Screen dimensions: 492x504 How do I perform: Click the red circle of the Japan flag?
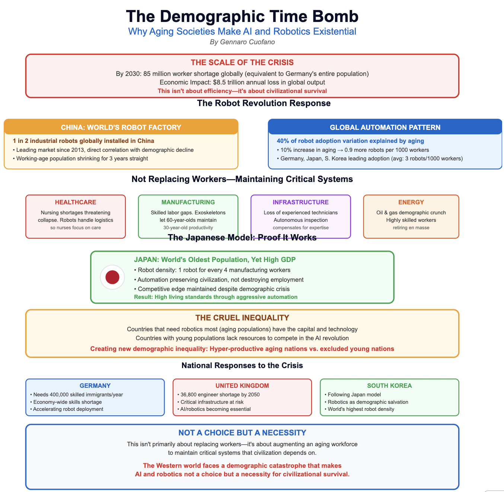112,277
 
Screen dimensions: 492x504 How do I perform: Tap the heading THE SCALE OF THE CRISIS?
242,63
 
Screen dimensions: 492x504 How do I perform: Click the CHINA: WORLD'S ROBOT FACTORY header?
121,127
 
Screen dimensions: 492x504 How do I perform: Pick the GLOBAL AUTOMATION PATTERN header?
385,127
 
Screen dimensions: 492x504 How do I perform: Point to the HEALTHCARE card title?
76,202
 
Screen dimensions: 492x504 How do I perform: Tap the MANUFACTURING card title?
188,202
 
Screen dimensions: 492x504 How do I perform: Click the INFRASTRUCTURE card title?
300,202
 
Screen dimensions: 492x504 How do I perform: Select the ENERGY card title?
411,202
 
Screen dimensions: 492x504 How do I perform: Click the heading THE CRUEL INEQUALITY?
242,317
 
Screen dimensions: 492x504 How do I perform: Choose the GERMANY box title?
95,386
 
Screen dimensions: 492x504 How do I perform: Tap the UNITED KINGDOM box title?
242,386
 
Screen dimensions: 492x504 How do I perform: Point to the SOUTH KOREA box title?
389,386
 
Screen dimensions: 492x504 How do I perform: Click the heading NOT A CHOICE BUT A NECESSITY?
242,432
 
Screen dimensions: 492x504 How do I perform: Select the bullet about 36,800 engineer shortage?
220,394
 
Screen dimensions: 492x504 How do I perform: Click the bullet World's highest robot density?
360,409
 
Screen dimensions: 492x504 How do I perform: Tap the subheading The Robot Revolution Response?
264,103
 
